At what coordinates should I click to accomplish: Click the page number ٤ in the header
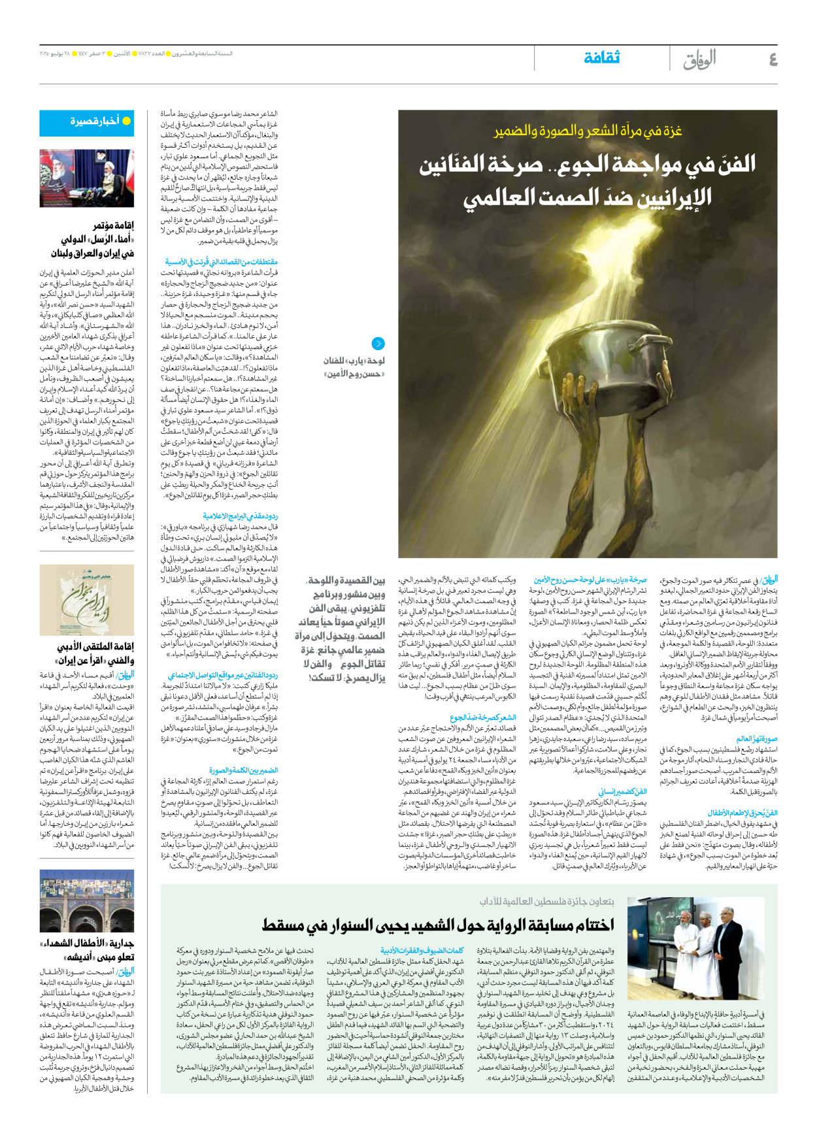click(773, 59)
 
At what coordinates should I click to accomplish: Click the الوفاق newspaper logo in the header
click(699, 59)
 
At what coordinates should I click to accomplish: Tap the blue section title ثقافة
click(601, 57)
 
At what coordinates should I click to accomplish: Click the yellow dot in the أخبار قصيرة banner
click(127, 121)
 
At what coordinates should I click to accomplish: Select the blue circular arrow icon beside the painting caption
click(378, 344)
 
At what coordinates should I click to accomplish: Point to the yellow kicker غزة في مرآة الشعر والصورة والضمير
click(588, 131)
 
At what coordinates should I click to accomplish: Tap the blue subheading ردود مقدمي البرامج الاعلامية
click(240, 516)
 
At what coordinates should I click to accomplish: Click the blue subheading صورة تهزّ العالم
click(756, 738)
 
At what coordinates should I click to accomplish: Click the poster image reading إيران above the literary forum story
click(86, 600)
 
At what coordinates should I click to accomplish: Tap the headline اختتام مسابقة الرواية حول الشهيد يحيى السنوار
click(438, 924)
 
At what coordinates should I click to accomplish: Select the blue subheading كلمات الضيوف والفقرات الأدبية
click(422, 951)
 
